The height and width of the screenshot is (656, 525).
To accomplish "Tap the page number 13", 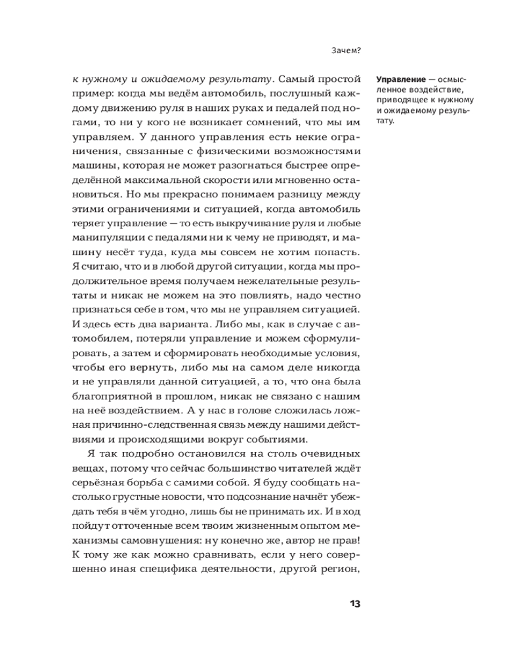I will [x=354, y=604].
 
